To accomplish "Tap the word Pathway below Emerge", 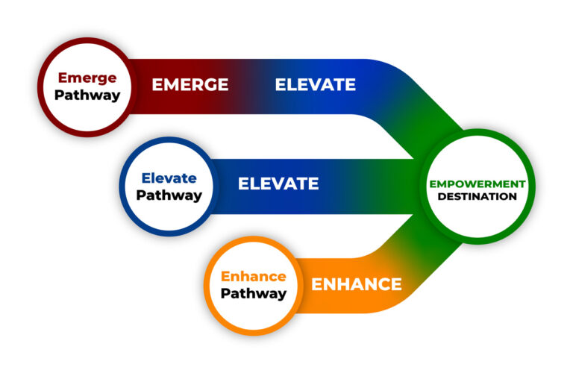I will (x=87, y=95).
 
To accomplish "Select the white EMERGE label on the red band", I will (x=190, y=85).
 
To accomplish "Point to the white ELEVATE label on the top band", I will (x=315, y=85).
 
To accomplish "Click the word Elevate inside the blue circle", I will (x=169, y=178).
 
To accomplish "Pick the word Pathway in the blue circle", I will (x=169, y=195).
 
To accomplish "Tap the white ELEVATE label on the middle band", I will (x=278, y=184).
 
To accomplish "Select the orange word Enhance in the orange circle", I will (x=254, y=277).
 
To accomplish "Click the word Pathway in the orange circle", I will (x=254, y=294).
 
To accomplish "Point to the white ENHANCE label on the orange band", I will (x=357, y=284).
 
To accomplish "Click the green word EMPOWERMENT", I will (x=477, y=184).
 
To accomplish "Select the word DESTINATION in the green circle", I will (x=477, y=197).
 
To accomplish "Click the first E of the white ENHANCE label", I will (x=317, y=284).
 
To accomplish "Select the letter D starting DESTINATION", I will (x=441, y=197).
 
